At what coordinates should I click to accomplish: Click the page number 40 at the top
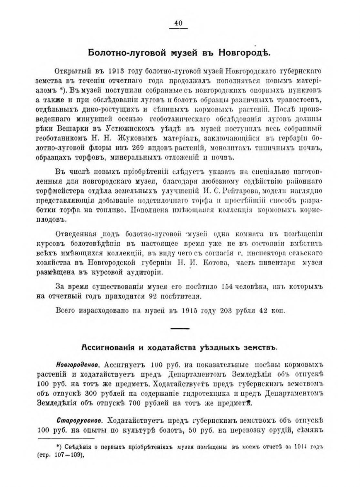[179, 23]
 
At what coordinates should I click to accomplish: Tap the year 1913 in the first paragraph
[116, 71]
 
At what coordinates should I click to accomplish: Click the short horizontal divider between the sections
[180, 329]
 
